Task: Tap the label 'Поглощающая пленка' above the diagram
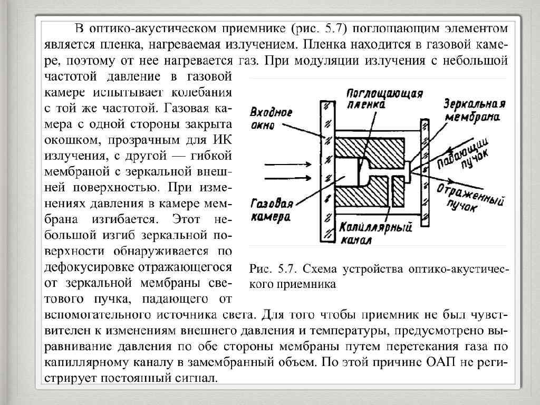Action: click(384, 99)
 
